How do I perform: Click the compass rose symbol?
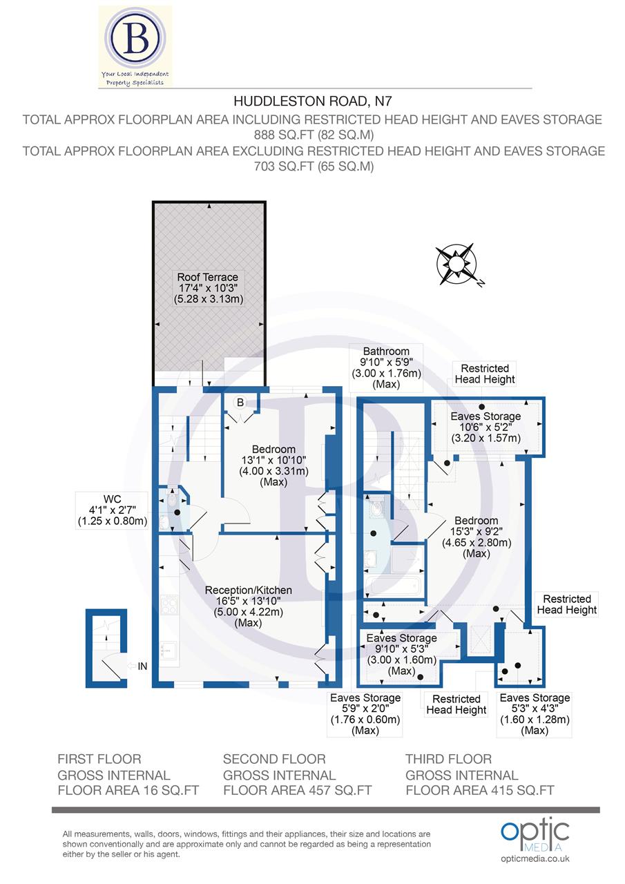[456, 265]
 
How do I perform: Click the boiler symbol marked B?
[240, 402]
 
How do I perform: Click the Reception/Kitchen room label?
[249, 590]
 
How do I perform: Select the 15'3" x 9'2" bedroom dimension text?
[477, 532]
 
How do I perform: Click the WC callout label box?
[112, 510]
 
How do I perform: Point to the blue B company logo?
[135, 41]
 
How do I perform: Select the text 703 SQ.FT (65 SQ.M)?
[313, 166]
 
